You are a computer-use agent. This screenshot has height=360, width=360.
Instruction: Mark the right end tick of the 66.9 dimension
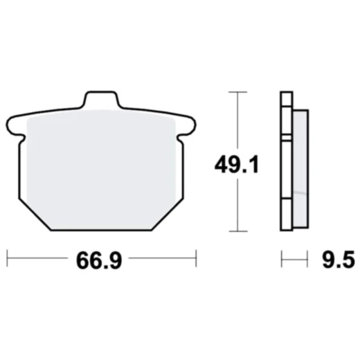[x=197, y=260]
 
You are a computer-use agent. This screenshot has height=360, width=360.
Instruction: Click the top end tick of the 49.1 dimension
[x=237, y=91]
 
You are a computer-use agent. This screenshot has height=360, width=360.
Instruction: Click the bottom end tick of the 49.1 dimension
[x=237, y=231]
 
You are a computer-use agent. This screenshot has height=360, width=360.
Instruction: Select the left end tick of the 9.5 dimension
[x=282, y=260]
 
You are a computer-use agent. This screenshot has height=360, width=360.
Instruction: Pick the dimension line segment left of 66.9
[x=38, y=260]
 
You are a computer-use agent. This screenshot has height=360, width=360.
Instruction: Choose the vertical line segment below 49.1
[x=237, y=204]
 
